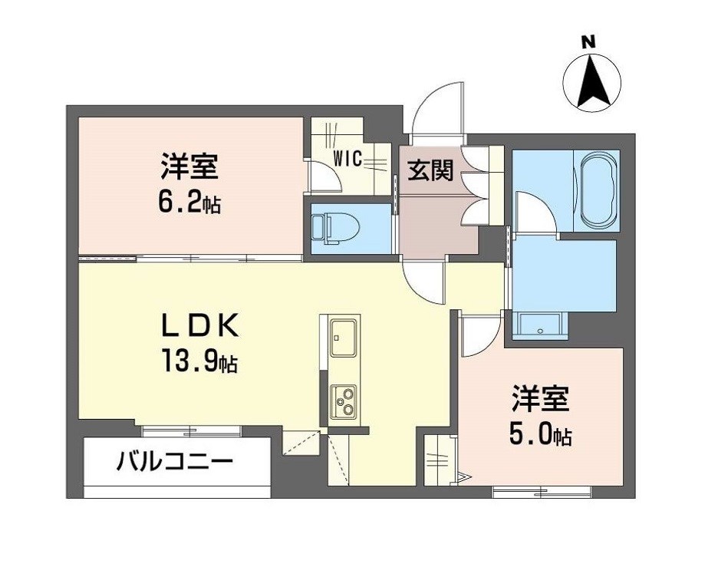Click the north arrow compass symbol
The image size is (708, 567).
point(594,81)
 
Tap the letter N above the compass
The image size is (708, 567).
point(588,42)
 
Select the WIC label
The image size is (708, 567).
point(347,160)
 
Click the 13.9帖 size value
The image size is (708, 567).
point(199,360)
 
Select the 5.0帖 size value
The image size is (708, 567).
point(541,435)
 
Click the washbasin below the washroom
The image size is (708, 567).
point(541,327)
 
